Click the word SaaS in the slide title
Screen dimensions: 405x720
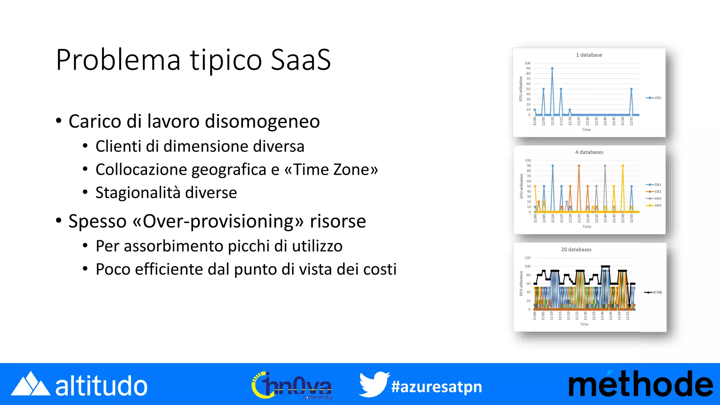(301, 60)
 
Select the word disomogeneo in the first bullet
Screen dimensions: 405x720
(262, 121)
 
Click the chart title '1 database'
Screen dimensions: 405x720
(589, 55)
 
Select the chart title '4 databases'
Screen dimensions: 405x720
(589, 152)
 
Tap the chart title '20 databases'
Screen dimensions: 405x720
(576, 250)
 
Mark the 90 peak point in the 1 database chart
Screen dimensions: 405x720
(552, 69)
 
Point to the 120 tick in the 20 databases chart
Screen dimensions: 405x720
(527, 258)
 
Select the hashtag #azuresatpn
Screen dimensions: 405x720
(436, 387)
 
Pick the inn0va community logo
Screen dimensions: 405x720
(292, 386)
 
